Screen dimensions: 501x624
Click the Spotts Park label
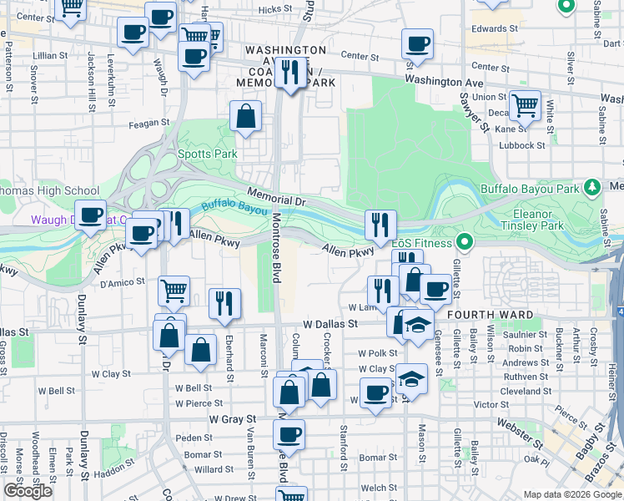[208, 154]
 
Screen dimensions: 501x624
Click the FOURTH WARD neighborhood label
[485, 314]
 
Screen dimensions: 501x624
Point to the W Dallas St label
[330, 323]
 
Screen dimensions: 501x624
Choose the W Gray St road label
[232, 418]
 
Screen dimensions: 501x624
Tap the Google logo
[28, 491]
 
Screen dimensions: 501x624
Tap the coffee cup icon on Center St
[417, 43]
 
